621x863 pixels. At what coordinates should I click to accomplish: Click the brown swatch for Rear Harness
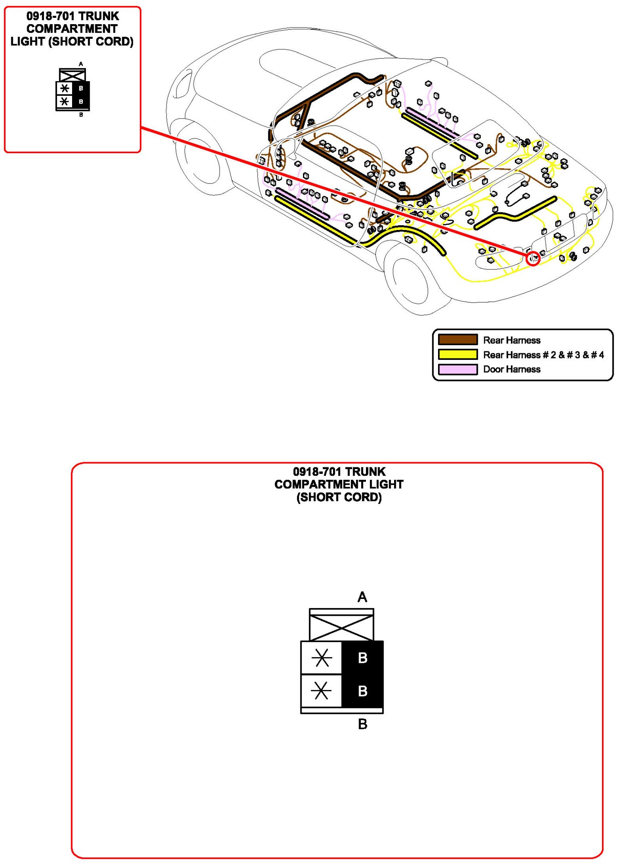457,340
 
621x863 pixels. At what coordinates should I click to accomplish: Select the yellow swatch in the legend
457,354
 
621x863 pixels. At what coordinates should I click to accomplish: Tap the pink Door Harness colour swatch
457,369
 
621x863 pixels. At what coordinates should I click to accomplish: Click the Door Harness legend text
511,369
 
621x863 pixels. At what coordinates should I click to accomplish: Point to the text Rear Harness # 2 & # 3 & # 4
543,355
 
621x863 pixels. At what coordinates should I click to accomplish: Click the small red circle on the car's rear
534,258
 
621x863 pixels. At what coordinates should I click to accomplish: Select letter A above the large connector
362,597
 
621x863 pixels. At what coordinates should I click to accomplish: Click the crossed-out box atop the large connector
341,627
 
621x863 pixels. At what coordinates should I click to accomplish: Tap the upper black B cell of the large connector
363,658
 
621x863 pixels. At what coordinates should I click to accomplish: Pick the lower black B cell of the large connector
363,691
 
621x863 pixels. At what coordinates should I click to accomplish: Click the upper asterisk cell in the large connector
322,658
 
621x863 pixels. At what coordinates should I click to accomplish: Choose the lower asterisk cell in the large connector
322,691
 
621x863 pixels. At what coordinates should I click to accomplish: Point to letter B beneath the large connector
363,724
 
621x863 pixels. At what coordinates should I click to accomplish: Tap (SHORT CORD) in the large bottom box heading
339,497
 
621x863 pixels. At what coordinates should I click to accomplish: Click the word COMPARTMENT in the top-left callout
72,29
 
